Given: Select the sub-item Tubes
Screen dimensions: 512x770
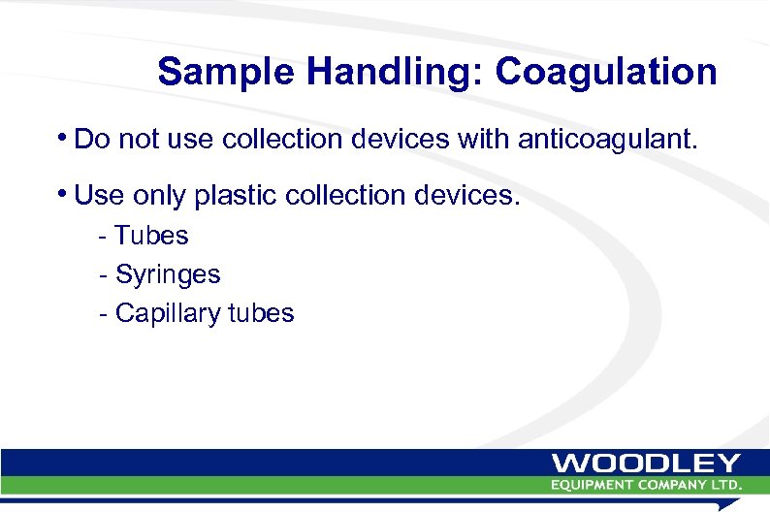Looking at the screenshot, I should coord(151,236).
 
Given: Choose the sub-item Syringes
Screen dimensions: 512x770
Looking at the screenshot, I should coord(168,274).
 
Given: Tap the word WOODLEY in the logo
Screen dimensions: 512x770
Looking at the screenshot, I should coord(647,464).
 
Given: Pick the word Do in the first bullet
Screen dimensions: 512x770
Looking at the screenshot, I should coord(89,140).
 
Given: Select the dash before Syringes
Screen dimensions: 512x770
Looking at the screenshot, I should coord(103,275).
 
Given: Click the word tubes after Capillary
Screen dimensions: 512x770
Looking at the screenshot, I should coord(263,313).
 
